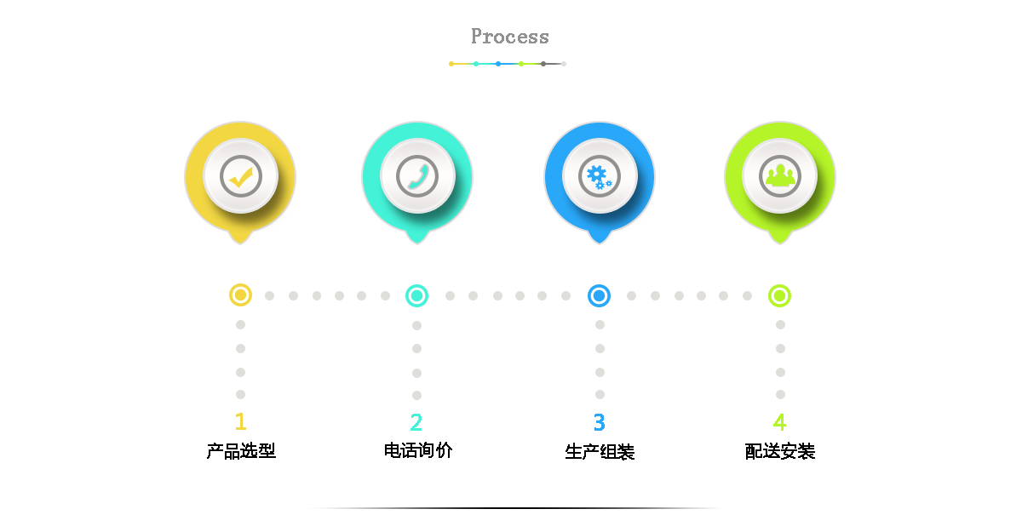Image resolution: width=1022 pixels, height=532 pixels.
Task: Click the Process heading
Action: (x=509, y=37)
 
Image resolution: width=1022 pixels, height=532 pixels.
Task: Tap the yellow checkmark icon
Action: (x=241, y=178)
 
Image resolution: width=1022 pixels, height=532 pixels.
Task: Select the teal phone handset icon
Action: (x=418, y=177)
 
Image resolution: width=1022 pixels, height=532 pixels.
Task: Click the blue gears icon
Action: (x=599, y=177)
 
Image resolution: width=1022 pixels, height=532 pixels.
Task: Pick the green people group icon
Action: (x=780, y=175)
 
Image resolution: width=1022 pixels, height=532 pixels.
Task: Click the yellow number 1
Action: (x=240, y=421)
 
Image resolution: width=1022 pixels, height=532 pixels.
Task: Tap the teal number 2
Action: (x=416, y=422)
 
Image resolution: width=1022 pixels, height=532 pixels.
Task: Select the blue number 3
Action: (x=599, y=422)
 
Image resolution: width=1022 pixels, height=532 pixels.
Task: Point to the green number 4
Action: (x=780, y=422)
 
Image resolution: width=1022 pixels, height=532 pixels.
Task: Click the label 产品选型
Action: (x=241, y=451)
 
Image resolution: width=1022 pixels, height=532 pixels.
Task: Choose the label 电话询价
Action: (x=418, y=450)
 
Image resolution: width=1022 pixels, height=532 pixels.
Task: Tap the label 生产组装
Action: (x=600, y=452)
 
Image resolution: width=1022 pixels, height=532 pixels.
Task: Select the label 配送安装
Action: (x=780, y=451)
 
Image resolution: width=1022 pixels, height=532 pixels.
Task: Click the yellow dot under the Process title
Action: (x=451, y=64)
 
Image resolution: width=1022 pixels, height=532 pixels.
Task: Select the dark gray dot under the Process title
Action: (x=543, y=64)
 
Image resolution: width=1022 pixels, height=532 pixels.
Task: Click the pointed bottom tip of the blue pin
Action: (x=599, y=243)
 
